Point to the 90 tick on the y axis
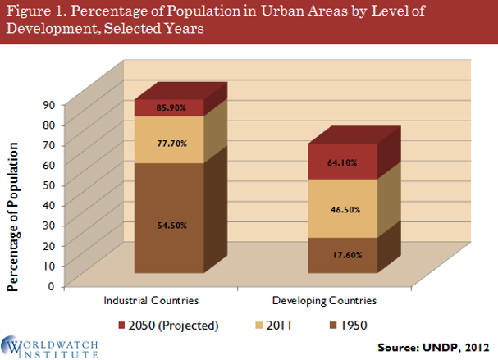48,104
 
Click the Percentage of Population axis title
14,216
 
